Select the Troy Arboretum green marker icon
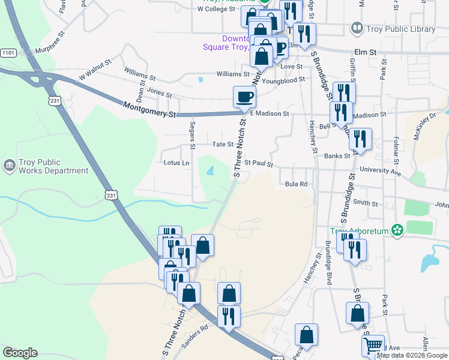coord(396,230)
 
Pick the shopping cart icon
coord(373,346)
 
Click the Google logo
coord(20,353)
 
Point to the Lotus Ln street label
coord(176,163)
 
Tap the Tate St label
coord(223,144)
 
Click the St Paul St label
coord(259,163)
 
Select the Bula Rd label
coord(296,184)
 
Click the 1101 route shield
coord(8,53)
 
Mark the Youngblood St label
coord(283,80)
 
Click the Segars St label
coord(193,137)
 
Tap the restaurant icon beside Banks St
coord(360,139)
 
